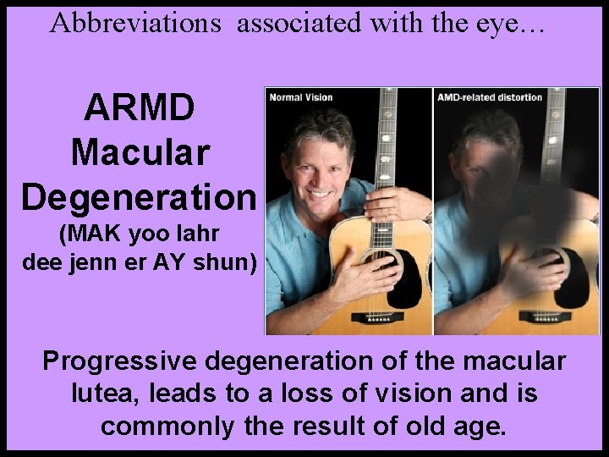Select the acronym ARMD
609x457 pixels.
click(x=140, y=108)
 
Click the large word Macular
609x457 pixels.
click(x=140, y=153)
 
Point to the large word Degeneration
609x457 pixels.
click(x=140, y=196)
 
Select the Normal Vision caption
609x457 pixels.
click(x=301, y=97)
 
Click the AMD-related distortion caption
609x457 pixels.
click(x=490, y=97)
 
